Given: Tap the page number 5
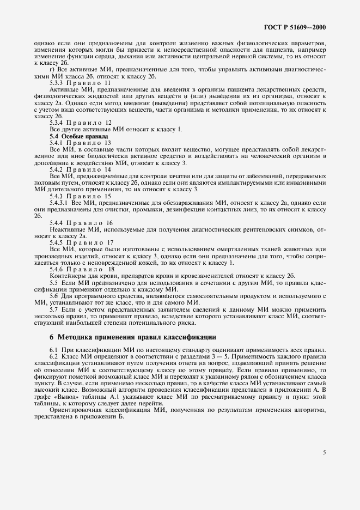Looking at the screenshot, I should (x=325, y=452).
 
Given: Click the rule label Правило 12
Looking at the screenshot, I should (x=89, y=123).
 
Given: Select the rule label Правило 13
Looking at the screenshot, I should (x=89, y=142).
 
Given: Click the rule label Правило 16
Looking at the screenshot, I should (x=89, y=222).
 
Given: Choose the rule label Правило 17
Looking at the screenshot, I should (x=89, y=242).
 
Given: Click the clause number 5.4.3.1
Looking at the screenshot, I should (x=60, y=202).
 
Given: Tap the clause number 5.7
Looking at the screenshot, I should (x=54, y=308).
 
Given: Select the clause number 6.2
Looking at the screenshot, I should (x=54, y=355).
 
